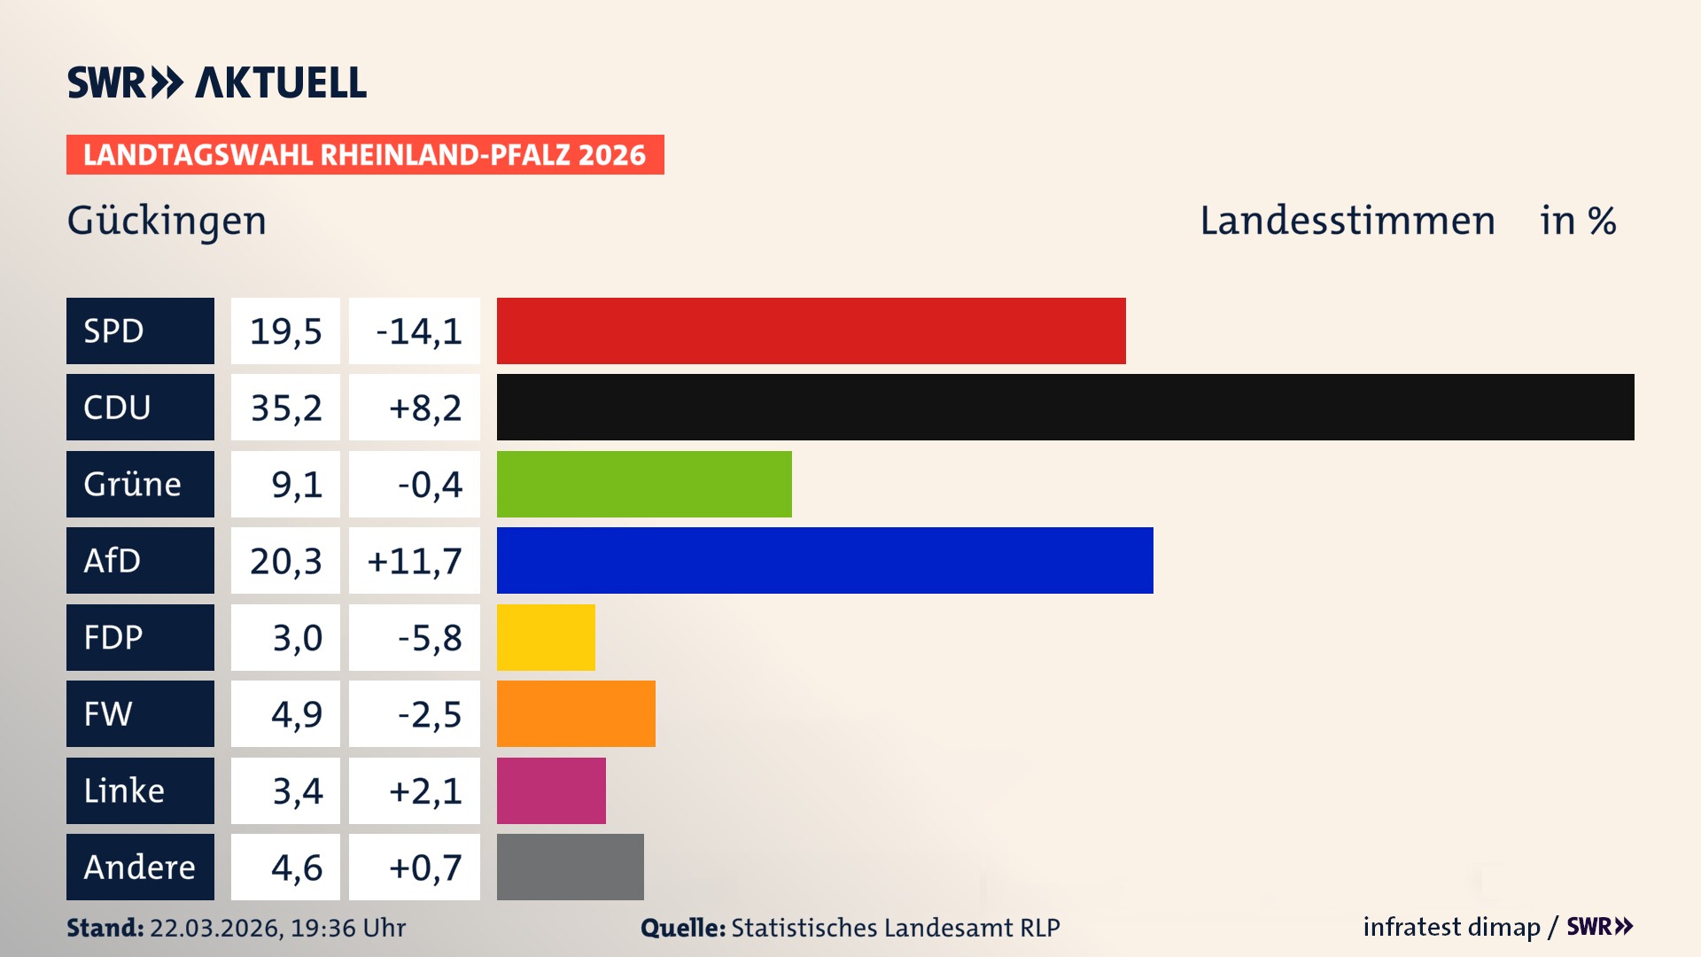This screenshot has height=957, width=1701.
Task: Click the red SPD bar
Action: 811,331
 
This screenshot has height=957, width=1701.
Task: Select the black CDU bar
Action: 1065,407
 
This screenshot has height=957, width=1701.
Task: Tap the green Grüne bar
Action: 644,484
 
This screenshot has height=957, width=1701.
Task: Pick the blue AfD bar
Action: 825,560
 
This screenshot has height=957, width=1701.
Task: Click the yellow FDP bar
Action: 546,637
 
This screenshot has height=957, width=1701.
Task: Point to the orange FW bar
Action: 576,713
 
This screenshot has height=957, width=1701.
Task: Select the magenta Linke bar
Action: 551,790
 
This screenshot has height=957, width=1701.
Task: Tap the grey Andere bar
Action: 570,867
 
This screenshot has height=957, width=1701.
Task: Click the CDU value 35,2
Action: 285,408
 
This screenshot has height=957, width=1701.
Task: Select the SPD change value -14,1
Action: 418,331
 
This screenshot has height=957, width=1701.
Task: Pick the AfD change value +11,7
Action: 415,561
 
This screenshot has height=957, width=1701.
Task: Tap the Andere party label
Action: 140,867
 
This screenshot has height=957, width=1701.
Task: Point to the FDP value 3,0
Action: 297,638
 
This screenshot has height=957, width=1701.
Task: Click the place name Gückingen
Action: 167,221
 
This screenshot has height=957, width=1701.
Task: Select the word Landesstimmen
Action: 1347,221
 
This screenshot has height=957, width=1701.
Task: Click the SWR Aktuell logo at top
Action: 216,82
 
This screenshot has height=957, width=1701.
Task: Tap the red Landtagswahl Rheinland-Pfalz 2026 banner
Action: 365,155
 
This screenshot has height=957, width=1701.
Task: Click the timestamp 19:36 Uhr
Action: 347,928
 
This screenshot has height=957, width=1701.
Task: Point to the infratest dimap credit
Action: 1450,927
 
